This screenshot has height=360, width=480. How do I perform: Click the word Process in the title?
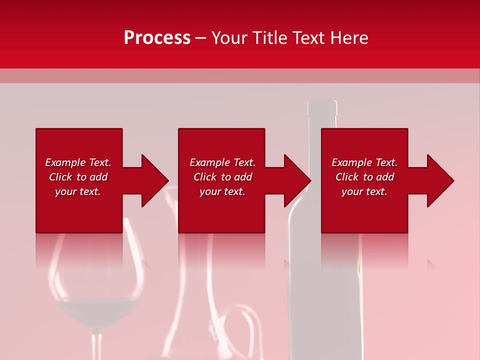(157, 38)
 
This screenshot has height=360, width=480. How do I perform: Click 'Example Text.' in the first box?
(78, 162)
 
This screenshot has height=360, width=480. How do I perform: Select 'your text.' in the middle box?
(222, 191)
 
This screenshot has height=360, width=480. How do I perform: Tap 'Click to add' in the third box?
(364, 177)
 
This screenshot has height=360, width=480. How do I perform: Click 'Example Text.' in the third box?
(364, 162)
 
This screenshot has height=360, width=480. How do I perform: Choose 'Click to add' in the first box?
(78, 177)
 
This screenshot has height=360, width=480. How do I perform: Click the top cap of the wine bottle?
(322, 107)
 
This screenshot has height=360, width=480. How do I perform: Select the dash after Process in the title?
(200, 38)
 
